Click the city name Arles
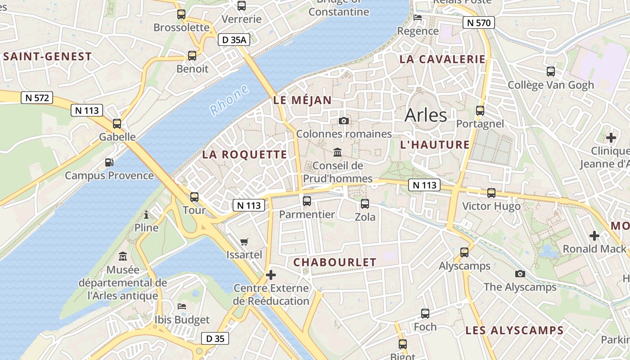(x=426, y=115)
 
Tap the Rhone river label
(x=229, y=100)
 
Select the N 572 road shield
(x=37, y=98)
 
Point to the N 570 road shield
(x=479, y=22)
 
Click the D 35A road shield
(x=234, y=40)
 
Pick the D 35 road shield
(x=215, y=338)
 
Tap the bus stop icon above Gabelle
(x=117, y=123)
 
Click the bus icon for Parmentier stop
(x=307, y=201)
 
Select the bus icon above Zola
(x=365, y=203)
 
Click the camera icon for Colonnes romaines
(x=344, y=121)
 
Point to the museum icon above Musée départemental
(x=122, y=256)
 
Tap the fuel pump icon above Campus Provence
(x=109, y=162)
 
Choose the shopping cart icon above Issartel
(x=244, y=242)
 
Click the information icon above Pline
(x=146, y=215)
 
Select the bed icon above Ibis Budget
(x=182, y=306)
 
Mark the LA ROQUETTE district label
(x=244, y=154)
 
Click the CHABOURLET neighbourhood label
(x=335, y=262)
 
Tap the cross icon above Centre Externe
(x=271, y=274)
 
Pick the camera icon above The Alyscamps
(x=520, y=274)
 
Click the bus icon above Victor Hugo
(x=491, y=193)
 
